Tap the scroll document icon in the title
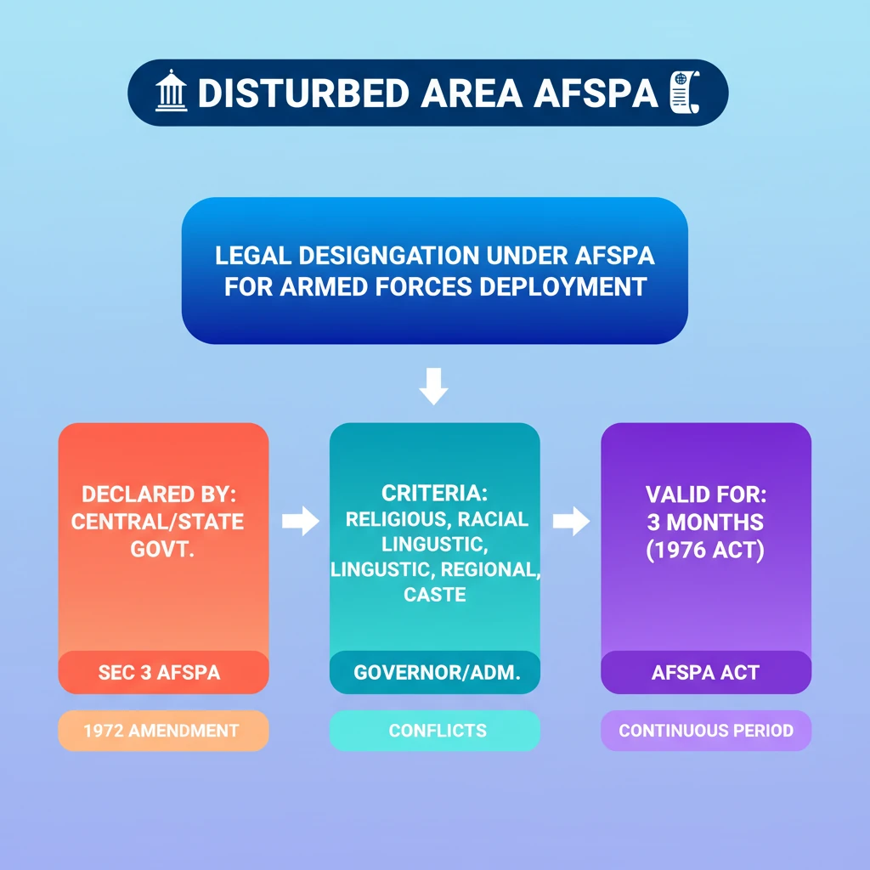684,93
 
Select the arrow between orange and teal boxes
299,521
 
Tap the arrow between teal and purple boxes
571,521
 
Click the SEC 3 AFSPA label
160,673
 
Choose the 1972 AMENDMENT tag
161,731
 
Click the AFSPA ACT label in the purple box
705,673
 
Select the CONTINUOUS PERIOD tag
705,731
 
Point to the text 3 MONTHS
704,522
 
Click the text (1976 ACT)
704,550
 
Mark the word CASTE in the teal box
434,594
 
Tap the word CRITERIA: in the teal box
434,493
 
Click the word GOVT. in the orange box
162,549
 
